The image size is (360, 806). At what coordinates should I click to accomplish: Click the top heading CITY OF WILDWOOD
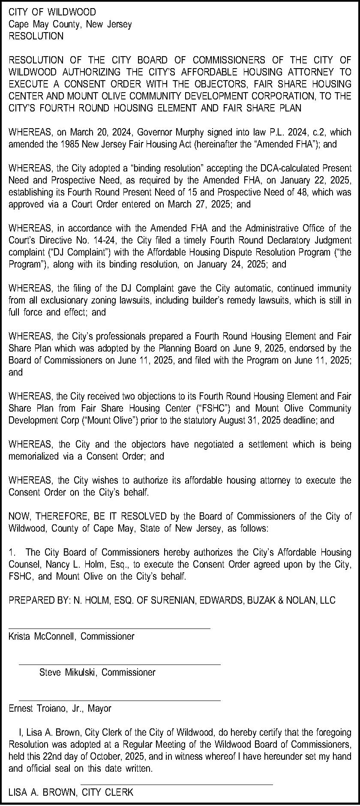[52, 12]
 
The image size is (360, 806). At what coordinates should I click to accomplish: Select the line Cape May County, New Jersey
[70, 24]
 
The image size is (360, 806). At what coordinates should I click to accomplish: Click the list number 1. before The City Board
[12, 553]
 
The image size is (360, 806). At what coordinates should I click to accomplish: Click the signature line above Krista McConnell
[109, 629]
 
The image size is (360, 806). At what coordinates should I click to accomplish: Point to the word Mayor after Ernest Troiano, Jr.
[99, 709]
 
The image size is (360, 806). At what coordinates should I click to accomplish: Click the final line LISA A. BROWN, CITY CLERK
[71, 793]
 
